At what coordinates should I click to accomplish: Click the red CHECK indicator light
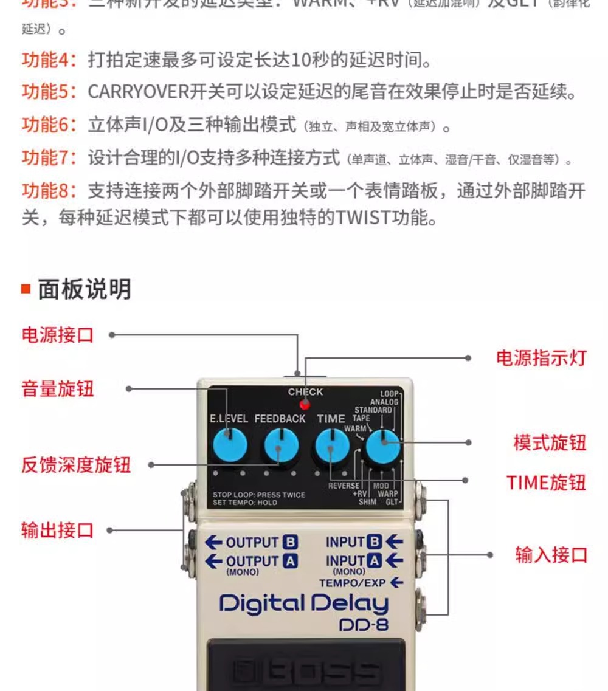click(x=305, y=404)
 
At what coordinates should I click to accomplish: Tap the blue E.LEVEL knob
click(x=230, y=445)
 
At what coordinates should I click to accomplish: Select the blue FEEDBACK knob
click(x=281, y=446)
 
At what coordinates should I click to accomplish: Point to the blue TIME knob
click(x=331, y=446)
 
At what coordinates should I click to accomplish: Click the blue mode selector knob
click(x=382, y=447)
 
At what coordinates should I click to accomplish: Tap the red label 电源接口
click(x=58, y=334)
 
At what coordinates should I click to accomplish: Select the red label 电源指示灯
click(x=541, y=358)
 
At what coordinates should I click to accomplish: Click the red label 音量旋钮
click(x=58, y=388)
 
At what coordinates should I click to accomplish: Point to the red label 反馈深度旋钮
click(x=76, y=466)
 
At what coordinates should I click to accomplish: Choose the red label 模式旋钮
click(x=550, y=443)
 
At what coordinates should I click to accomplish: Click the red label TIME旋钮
click(x=546, y=483)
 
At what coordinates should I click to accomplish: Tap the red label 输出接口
click(x=58, y=530)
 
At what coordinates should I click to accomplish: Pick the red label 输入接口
click(x=551, y=554)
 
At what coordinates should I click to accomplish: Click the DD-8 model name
click(x=364, y=624)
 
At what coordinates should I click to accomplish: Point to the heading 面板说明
click(x=84, y=289)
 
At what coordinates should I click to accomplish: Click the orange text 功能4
click(x=49, y=60)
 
